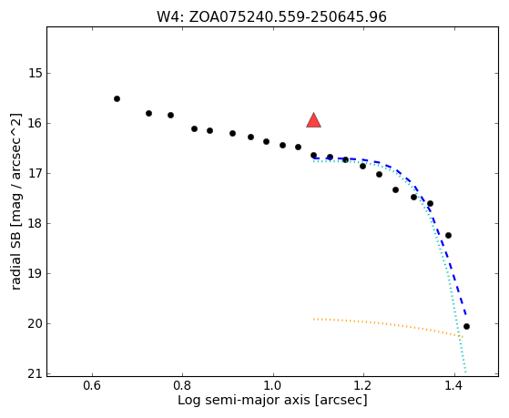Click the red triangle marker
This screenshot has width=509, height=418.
[x=313, y=121]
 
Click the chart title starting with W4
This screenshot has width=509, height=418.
[x=271, y=16]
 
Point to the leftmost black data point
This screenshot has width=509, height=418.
[x=117, y=98]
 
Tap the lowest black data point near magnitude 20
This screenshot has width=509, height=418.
[x=466, y=326]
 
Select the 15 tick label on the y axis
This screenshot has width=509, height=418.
[x=36, y=73]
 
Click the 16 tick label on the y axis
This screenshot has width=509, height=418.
[x=36, y=124]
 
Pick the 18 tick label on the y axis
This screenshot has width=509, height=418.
[x=36, y=223]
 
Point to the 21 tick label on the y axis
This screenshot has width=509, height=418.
[x=36, y=373]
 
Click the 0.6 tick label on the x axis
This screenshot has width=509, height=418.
[x=92, y=386]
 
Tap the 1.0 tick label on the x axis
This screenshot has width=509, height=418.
[x=273, y=386]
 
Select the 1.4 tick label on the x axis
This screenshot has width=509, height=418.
[x=454, y=386]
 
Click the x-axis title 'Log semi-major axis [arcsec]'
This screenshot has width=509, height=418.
[x=272, y=401]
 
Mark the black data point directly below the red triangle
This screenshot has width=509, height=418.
[x=313, y=155]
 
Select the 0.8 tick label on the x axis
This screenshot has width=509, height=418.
[x=182, y=386]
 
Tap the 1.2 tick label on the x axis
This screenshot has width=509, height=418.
[x=363, y=386]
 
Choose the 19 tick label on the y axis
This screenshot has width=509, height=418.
[x=36, y=273]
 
